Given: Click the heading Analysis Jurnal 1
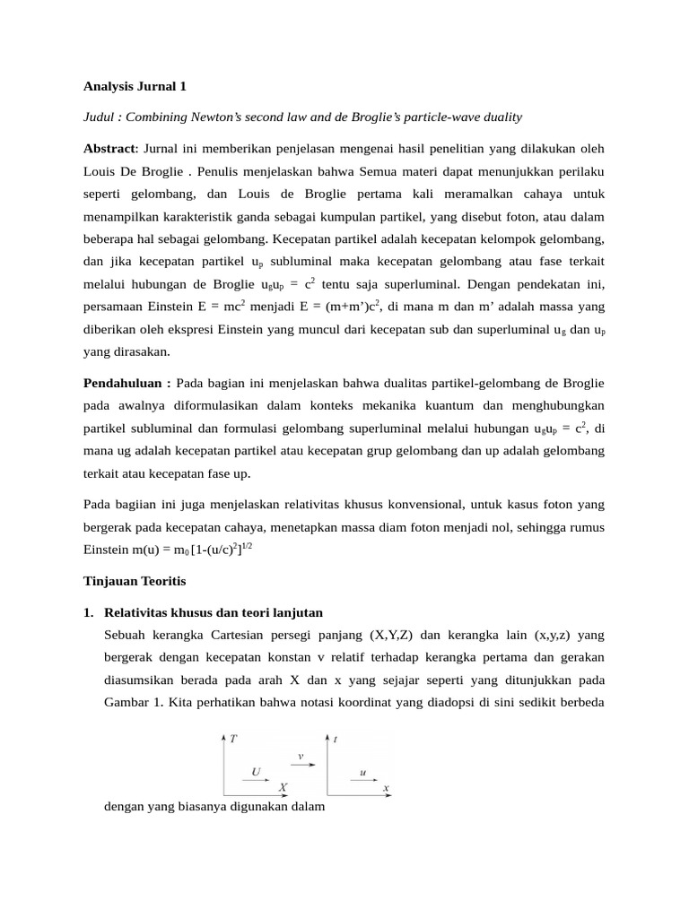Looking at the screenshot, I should [x=135, y=87].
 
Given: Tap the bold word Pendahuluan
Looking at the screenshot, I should [x=126, y=382].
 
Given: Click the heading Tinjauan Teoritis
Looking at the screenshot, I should [x=134, y=581].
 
